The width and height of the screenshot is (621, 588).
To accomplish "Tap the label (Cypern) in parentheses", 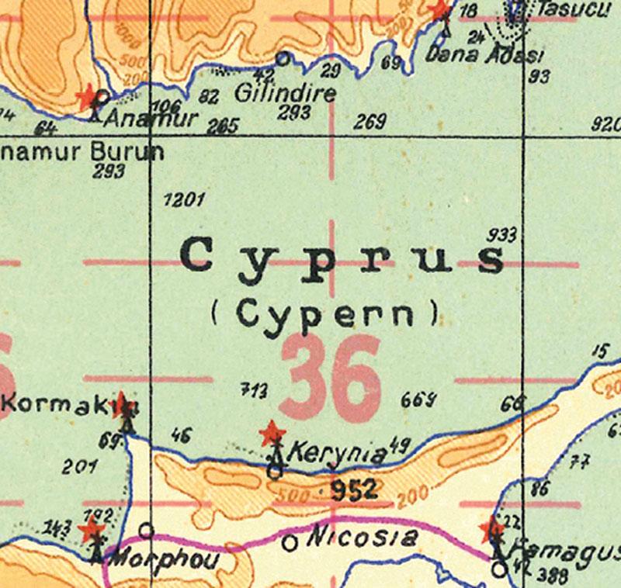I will click(x=324, y=313).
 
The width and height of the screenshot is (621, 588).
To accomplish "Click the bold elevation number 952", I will click(x=353, y=489).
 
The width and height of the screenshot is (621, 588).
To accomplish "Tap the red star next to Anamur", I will click(x=88, y=96).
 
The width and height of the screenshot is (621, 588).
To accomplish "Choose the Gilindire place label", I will click(x=285, y=95).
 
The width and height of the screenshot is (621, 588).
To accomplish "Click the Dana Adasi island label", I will click(x=485, y=55).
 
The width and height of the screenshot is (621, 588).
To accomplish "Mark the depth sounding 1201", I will click(x=185, y=200).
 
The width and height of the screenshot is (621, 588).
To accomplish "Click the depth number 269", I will click(x=369, y=122).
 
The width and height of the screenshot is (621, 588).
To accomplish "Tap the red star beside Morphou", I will click(x=92, y=530).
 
